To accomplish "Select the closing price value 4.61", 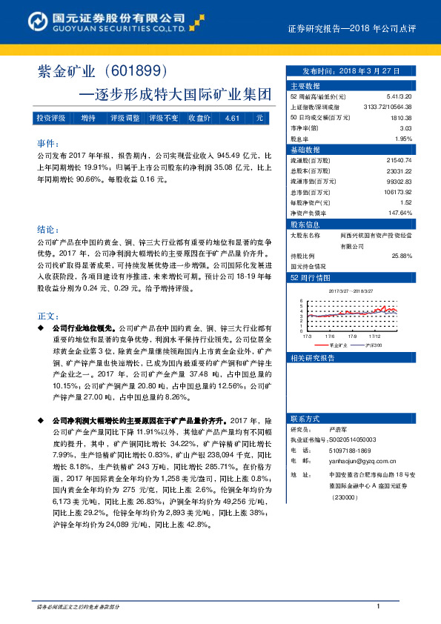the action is pos(232,118).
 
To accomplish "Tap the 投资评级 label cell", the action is pos(51,118).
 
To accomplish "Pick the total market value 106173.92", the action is pos(394,192).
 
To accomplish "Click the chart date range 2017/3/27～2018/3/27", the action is pos(351,291).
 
